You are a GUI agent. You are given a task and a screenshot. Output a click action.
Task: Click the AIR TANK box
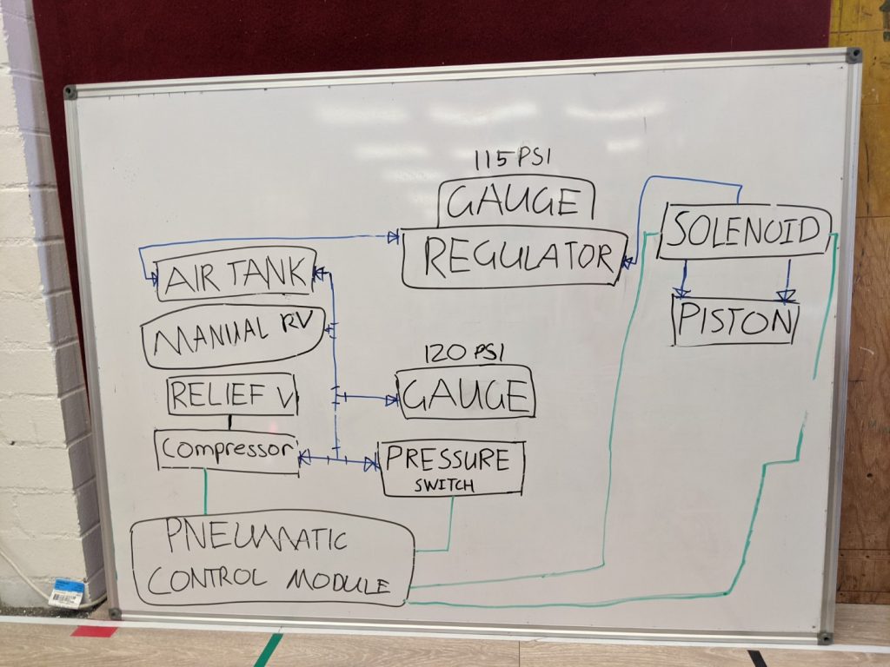(x=236, y=274)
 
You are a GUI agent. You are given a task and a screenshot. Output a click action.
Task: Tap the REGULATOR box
(x=515, y=257)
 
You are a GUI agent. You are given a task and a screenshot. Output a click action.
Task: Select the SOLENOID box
(x=744, y=230)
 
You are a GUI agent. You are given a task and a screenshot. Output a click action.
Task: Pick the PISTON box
(x=735, y=320)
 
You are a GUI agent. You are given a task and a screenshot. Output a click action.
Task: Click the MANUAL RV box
(x=233, y=336)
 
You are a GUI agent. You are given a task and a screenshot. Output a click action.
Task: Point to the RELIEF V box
(x=232, y=395)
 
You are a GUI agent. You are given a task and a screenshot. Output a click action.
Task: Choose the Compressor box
(x=227, y=452)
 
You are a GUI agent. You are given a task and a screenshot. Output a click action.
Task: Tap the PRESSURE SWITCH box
(x=452, y=468)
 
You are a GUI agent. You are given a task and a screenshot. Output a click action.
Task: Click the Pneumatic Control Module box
(x=272, y=562)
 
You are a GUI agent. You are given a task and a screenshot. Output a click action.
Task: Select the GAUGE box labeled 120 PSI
(x=466, y=393)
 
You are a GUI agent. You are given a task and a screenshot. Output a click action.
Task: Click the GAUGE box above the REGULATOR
(x=516, y=201)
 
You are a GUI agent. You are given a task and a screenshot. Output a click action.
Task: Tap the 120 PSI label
(x=463, y=353)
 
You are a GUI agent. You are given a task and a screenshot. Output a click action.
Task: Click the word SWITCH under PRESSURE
(x=444, y=485)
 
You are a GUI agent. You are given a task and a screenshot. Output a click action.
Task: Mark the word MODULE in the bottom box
(x=338, y=582)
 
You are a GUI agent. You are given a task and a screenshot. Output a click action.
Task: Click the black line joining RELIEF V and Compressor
(x=229, y=423)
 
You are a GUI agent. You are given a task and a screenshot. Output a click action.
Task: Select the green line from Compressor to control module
(x=205, y=492)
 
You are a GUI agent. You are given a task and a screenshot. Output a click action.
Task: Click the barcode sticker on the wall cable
(x=67, y=592)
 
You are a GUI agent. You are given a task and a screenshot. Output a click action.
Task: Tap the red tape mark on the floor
(x=94, y=631)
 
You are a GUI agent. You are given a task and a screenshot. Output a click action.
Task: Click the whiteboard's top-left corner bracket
(x=70, y=92)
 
